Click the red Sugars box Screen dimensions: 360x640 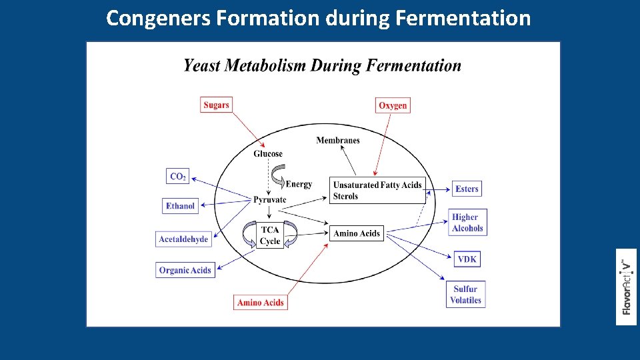(x=216, y=105)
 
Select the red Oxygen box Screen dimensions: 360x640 (x=393, y=105)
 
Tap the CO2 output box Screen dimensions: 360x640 (x=178, y=177)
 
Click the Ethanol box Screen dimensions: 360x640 (x=181, y=206)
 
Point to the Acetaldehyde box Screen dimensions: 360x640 (x=183, y=239)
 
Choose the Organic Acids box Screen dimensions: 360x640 (x=185, y=270)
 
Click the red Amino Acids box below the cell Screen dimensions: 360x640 (x=261, y=303)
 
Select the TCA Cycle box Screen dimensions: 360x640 (x=270, y=235)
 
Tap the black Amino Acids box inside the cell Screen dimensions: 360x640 (x=357, y=233)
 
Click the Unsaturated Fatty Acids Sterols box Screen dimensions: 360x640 (x=377, y=190)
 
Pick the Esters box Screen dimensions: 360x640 (x=467, y=189)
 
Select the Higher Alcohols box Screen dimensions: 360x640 (x=467, y=223)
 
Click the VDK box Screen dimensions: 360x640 (x=467, y=259)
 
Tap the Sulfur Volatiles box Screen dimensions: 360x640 (x=465, y=295)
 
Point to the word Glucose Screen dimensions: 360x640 (x=268, y=154)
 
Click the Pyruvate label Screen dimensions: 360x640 (x=270, y=199)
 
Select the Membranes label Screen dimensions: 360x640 (x=338, y=140)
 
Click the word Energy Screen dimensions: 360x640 (x=299, y=184)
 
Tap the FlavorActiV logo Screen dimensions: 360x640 (x=626, y=287)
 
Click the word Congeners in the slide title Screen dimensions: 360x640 (x=158, y=18)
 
